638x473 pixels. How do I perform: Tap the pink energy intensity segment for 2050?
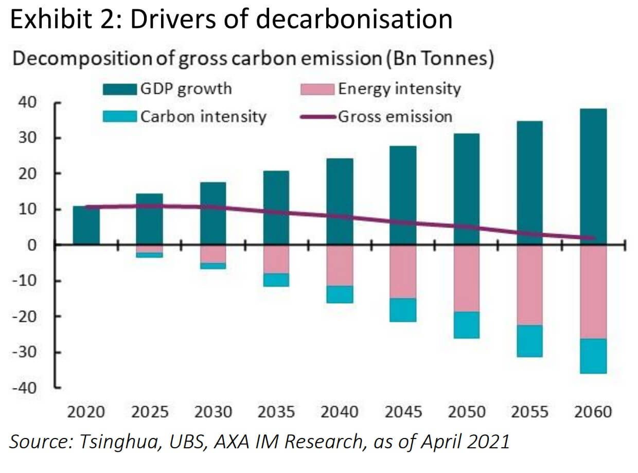pos(467,278)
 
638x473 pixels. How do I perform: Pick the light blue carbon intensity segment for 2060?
pos(593,356)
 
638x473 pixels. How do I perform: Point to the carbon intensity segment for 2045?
pos(403,310)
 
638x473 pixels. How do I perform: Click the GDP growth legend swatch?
pos(119,89)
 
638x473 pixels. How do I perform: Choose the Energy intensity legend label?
pos(399,89)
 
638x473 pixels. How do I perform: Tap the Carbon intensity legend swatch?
pos(119,116)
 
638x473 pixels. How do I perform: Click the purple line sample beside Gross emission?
pos(317,117)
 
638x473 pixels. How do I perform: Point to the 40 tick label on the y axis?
pos(29,102)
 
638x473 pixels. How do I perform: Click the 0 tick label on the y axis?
pos(32,245)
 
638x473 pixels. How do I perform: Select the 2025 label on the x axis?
pos(150,412)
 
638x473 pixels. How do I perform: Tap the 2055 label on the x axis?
pos(530,412)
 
